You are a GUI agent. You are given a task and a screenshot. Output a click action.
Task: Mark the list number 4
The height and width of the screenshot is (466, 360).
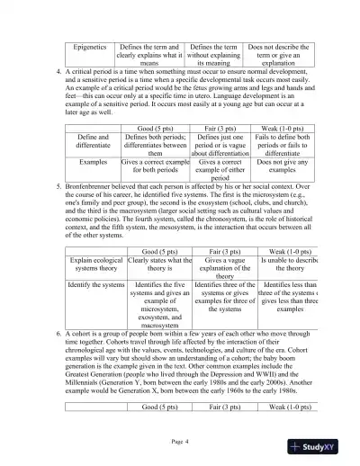58,70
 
